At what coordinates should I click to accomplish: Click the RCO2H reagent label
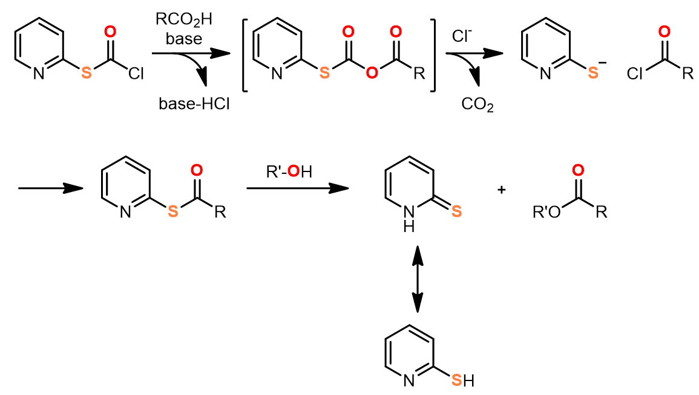tap(184, 19)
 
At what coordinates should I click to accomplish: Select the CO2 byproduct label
tap(477, 104)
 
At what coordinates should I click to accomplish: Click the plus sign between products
tap(501, 190)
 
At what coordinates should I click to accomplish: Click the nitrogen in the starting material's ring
tap(39, 74)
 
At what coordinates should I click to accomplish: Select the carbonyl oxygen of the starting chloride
tap(110, 32)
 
